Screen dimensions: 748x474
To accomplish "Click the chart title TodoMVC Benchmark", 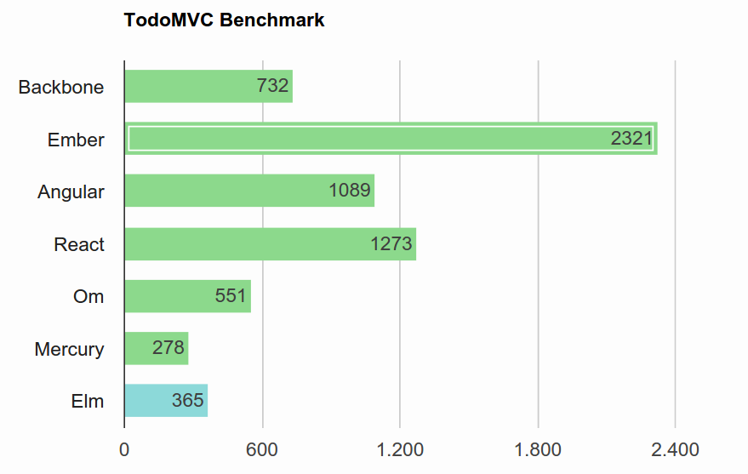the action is [224, 20].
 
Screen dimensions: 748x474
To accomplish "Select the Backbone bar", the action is [208, 86].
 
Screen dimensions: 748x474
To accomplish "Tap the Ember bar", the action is [391, 139].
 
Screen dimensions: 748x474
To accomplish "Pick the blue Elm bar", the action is [166, 401].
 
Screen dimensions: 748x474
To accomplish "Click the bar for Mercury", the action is [157, 348].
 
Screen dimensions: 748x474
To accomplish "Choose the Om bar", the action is [188, 296].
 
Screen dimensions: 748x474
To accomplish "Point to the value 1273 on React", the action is [391, 243].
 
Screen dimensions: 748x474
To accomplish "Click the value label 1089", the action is [350, 191].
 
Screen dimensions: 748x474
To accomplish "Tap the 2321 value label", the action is [631, 139].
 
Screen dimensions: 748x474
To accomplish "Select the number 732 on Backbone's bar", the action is [273, 86].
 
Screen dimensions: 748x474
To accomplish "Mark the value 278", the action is [168, 348].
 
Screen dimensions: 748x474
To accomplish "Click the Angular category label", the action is [71, 192].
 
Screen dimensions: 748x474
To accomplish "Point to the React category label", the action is [78, 244].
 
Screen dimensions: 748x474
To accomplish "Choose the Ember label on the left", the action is [76, 140].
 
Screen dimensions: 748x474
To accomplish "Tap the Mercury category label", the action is [69, 350].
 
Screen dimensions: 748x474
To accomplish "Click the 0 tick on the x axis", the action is [124, 449].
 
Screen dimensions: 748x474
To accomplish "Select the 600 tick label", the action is [262, 449].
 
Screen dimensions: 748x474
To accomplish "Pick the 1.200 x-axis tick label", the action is [400, 449].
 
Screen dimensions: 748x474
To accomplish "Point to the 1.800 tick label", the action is [538, 449].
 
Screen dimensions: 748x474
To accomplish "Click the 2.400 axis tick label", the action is [676, 449].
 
